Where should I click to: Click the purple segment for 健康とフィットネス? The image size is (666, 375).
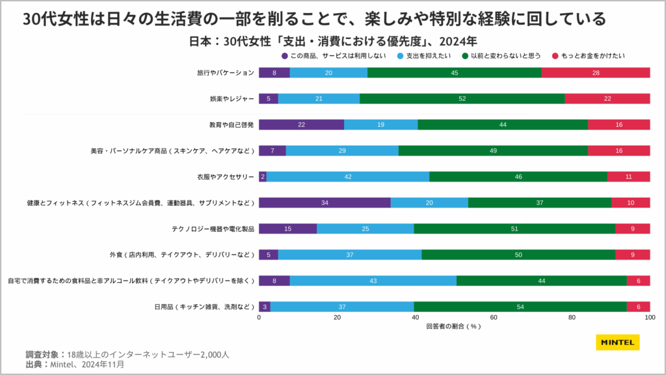coord(325,202)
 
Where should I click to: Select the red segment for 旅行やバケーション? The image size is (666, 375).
coord(595,72)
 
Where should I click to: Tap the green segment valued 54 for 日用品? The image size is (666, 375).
coord(520,307)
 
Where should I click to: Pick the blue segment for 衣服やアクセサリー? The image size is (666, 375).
coord(347,176)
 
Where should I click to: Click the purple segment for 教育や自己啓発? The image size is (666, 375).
coord(301,124)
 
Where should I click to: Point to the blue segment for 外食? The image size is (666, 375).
coord(349,255)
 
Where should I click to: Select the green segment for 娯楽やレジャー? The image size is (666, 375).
coord(462,98)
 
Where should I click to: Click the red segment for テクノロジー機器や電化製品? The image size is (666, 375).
coord(632,229)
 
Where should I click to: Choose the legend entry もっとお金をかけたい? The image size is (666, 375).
coord(587,56)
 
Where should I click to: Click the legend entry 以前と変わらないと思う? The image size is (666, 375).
coord(500,56)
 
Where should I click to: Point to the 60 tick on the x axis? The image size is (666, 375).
coord(494,318)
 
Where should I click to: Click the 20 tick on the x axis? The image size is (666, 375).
coord(337,318)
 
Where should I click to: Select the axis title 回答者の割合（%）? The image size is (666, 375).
coord(454,326)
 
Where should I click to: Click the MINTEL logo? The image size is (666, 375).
coord(617,342)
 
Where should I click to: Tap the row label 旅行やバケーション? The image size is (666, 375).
coord(226,72)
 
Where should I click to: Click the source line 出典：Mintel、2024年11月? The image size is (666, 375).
coord(75,365)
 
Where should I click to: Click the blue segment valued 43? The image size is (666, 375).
coord(373,281)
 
